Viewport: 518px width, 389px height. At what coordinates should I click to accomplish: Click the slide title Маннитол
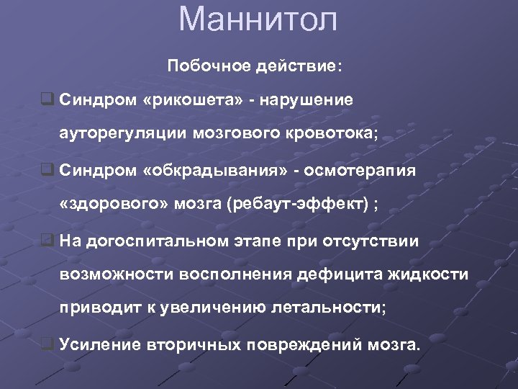pos(258,19)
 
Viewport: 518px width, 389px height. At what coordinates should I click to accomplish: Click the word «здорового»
pos(114,205)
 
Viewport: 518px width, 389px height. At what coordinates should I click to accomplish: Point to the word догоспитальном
pos(157,241)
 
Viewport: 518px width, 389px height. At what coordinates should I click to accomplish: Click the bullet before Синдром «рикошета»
pos(47,99)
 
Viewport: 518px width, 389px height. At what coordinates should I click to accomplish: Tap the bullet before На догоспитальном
pos(47,240)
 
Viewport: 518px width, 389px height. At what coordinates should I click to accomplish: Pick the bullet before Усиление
pos(47,344)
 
